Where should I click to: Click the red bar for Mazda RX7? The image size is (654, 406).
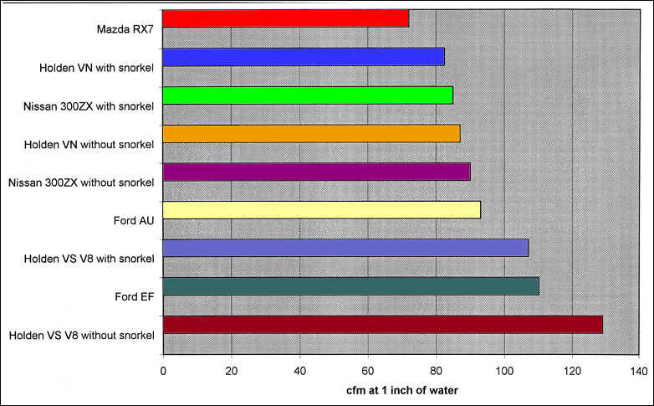pyautogui.click(x=285, y=18)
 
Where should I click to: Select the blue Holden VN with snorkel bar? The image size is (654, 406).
pyautogui.click(x=303, y=57)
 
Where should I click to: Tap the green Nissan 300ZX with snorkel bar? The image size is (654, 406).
pyautogui.click(x=308, y=95)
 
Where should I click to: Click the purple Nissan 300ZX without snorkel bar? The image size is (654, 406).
pyautogui.click(x=316, y=172)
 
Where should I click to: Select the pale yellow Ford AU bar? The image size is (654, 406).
pyautogui.click(x=321, y=209)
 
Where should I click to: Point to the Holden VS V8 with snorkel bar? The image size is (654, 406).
pyautogui.click(x=345, y=248)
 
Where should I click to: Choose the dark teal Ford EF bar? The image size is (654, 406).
pyautogui.click(x=350, y=286)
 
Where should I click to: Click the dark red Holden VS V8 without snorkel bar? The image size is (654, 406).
pyautogui.click(x=382, y=325)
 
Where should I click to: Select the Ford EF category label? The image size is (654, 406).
pyautogui.click(x=135, y=297)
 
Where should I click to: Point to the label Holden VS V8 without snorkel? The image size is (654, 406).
pyautogui.click(x=82, y=336)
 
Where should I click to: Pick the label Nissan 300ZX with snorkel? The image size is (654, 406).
pyautogui.click(x=89, y=106)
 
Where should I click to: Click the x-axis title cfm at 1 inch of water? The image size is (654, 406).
pyautogui.click(x=401, y=389)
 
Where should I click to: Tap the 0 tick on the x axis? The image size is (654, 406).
pyautogui.click(x=163, y=370)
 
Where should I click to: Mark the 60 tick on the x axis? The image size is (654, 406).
pyautogui.click(x=367, y=370)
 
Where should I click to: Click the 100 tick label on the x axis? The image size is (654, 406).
pyautogui.click(x=503, y=370)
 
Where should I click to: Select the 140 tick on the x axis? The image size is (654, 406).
pyautogui.click(x=639, y=370)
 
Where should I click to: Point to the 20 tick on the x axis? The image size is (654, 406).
pyautogui.click(x=232, y=370)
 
